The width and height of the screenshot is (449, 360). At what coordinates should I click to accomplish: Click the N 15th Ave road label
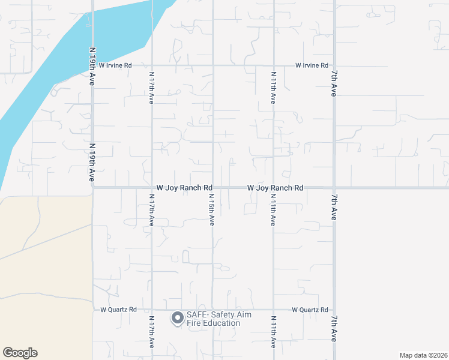click(212, 209)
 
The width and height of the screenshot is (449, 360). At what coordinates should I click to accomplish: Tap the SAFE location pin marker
click(178, 318)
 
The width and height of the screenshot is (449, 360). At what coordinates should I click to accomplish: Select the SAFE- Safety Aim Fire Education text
click(218, 319)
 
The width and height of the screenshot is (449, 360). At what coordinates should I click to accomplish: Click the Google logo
click(20, 353)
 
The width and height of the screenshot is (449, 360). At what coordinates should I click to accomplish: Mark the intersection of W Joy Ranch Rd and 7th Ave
click(334, 188)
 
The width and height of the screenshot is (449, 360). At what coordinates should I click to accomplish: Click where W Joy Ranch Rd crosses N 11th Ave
click(274, 188)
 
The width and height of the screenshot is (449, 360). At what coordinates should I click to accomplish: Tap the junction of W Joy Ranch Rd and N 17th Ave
click(152, 188)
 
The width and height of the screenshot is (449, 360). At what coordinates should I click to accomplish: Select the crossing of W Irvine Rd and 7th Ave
click(334, 65)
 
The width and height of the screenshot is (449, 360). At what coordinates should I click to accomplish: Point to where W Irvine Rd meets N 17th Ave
click(152, 65)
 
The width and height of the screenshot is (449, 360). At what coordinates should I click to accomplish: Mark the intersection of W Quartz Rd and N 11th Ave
click(274, 310)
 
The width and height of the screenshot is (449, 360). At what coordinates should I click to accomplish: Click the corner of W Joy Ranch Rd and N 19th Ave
click(93, 187)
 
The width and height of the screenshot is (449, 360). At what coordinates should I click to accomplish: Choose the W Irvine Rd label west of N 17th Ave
click(115, 65)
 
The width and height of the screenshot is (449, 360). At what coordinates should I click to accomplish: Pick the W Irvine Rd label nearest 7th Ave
click(312, 65)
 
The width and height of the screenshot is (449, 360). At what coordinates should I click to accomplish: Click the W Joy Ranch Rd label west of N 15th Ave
click(184, 188)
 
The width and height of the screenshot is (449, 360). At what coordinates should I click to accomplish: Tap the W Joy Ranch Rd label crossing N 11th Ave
click(276, 188)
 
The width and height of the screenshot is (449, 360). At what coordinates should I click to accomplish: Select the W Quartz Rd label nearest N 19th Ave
click(119, 310)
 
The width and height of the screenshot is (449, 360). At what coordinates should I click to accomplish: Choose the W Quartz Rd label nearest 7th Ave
click(310, 310)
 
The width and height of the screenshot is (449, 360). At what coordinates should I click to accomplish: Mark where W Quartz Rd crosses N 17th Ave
click(152, 310)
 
